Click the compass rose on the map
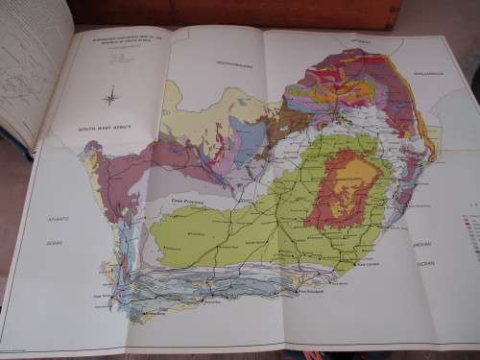tap(110, 95)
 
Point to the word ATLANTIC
tap(57, 219)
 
